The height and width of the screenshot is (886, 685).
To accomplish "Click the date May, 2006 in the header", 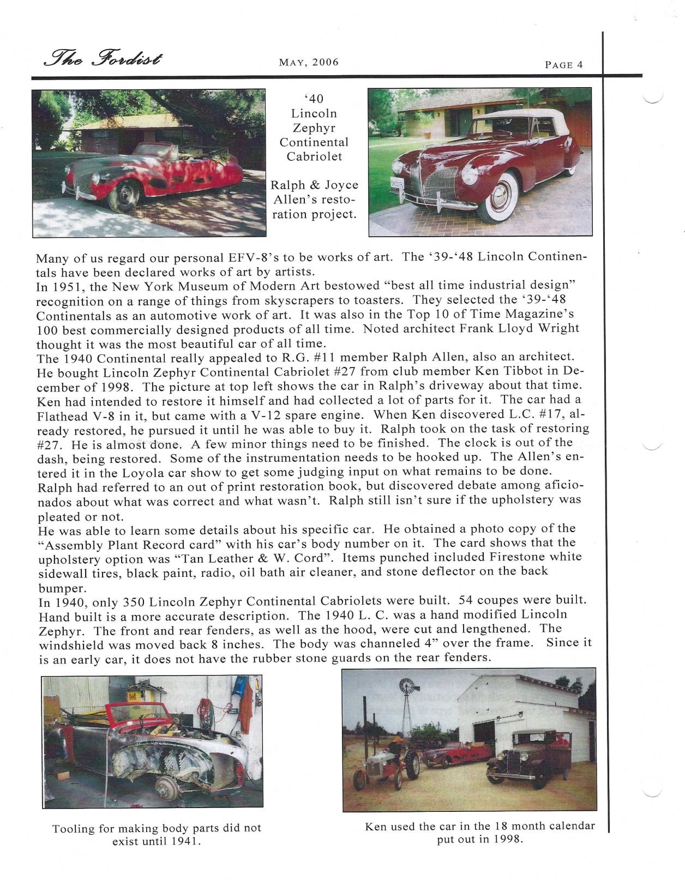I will pos(309,62).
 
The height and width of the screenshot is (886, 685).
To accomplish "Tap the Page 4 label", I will pos(564,64).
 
